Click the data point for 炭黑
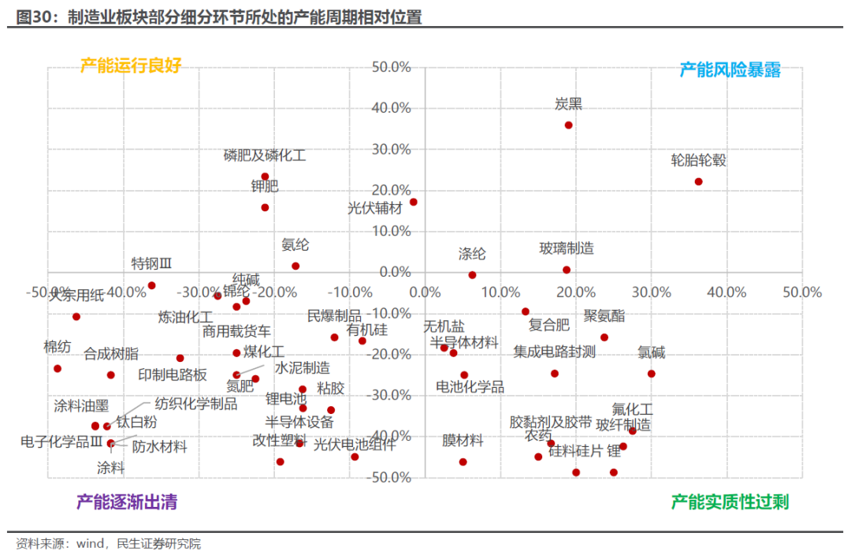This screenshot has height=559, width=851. pos(568,125)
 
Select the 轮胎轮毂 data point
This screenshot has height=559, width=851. pos(698,181)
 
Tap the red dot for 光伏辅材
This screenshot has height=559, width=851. pos(414,202)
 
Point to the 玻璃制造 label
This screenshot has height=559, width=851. pos(567,248)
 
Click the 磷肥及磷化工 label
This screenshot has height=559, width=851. pos(265,155)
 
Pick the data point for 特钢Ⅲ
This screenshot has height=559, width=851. pos(151,285)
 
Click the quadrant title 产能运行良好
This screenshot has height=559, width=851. pos(131,65)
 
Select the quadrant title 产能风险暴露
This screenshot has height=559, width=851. pos(730,69)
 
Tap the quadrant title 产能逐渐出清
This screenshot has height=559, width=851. pos(127,501)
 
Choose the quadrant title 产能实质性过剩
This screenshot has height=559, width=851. pos(730,501)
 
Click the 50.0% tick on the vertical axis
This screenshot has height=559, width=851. pos(392,68)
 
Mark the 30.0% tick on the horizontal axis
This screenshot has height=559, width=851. pos(651,293)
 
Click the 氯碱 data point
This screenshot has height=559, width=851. pos(652,374)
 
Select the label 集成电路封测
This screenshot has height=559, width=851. pos(555,352)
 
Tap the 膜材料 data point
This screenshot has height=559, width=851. pos(463,462)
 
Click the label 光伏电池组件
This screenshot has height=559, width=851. pos(353,444)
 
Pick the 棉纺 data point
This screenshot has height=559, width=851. pos(58,368)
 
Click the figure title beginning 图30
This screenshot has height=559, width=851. pos(219,17)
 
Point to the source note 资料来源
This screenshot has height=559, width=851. pos(109,544)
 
